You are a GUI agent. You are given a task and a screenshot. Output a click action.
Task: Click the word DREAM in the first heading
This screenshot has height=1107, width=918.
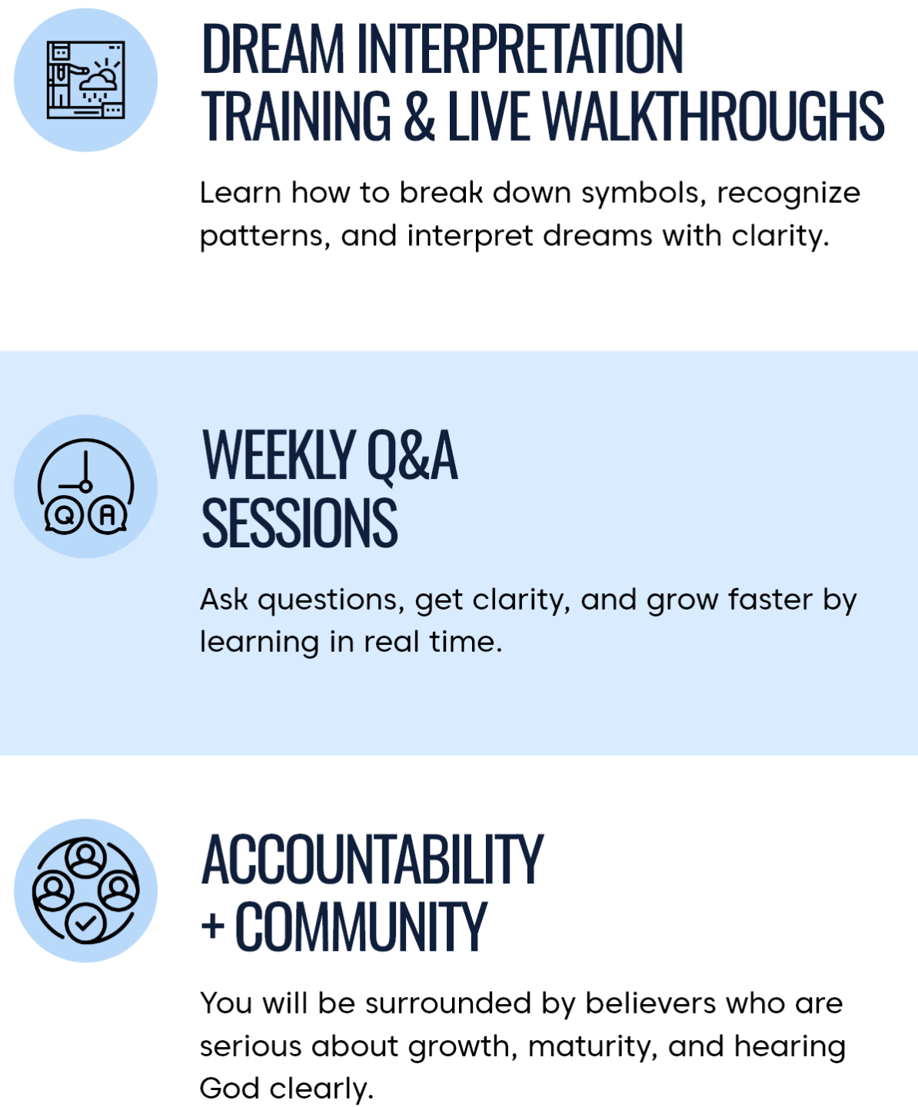click(x=273, y=48)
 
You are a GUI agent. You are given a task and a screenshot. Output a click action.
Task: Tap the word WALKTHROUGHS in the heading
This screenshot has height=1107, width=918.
click(x=713, y=115)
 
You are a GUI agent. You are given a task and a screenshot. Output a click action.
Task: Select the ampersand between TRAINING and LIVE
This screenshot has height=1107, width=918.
click(x=419, y=115)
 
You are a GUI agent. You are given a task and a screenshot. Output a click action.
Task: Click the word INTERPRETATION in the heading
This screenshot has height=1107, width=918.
click(x=520, y=48)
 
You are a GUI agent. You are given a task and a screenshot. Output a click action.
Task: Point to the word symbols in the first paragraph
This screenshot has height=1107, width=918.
click(x=644, y=194)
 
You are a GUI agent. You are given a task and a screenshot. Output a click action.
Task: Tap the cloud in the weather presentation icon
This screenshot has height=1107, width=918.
click(x=98, y=81)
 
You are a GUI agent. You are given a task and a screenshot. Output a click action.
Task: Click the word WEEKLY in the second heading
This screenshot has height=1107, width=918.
click(x=278, y=455)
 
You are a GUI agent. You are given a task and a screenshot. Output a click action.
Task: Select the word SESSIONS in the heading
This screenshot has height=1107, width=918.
click(x=300, y=522)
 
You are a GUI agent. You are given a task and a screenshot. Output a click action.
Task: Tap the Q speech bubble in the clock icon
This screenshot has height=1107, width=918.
click(x=64, y=515)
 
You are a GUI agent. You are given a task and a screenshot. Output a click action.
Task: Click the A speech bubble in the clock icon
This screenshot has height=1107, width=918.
click(x=108, y=515)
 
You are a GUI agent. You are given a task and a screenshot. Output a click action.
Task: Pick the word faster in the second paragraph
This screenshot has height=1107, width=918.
click(x=770, y=600)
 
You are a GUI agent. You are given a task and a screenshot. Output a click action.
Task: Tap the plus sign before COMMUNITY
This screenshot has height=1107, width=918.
click(x=213, y=926)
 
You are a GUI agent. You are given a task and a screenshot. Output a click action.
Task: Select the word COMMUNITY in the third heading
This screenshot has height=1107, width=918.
click(x=361, y=926)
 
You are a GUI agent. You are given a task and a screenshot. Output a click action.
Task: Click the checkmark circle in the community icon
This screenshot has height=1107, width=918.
click(x=85, y=923)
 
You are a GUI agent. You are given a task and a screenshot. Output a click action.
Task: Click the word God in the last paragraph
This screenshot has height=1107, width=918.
click(x=229, y=1089)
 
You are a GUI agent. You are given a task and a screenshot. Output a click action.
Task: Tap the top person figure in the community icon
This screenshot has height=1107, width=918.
click(x=85, y=857)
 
